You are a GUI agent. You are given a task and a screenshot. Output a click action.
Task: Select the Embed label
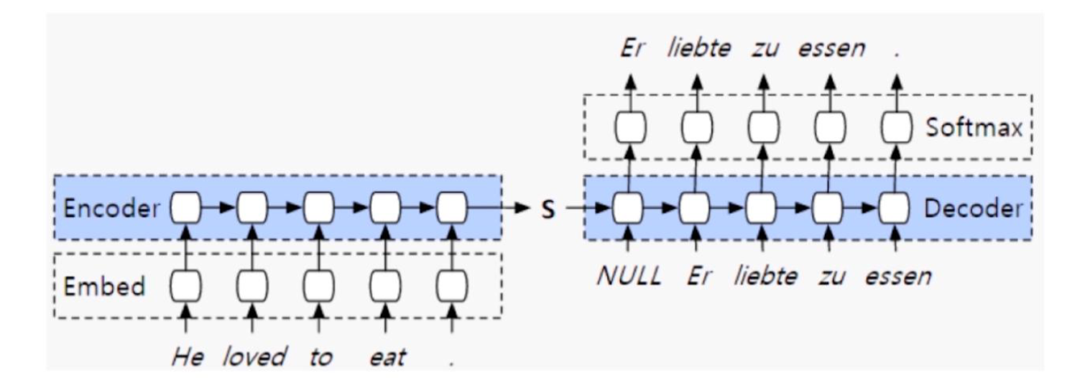click(x=104, y=286)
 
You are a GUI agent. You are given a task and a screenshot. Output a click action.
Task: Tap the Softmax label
click(x=973, y=128)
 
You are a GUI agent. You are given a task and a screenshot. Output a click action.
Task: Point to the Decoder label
click(x=971, y=209)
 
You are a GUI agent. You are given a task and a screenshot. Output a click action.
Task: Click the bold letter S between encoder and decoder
click(x=548, y=211)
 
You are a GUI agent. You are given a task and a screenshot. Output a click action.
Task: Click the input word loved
click(x=254, y=356)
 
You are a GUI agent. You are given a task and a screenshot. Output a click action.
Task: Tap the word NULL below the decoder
click(x=628, y=277)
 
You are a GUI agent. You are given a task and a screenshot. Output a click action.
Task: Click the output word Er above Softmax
click(x=631, y=49)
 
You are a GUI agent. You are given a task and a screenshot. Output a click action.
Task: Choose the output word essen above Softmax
click(x=831, y=49)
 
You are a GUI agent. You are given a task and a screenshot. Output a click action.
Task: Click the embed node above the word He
click(x=186, y=286)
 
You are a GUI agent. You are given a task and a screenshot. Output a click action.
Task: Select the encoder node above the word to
click(x=319, y=209)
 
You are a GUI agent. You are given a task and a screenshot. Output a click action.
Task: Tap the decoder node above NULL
click(x=629, y=209)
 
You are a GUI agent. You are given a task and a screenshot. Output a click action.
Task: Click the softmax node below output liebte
click(x=697, y=129)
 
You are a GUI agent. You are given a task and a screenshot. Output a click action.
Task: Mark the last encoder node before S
click(x=452, y=209)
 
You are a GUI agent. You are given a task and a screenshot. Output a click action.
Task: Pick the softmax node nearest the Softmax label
click(x=896, y=129)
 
